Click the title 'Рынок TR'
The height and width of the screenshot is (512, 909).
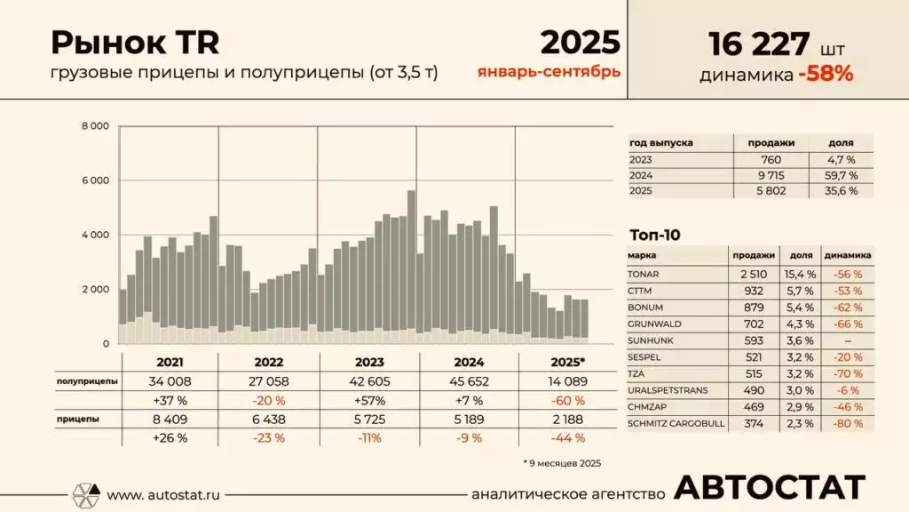coord(135,42)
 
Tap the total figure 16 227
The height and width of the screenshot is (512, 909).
coord(759,43)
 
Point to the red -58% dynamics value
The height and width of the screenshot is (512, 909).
coord(826,75)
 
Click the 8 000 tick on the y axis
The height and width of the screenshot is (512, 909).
coord(95,126)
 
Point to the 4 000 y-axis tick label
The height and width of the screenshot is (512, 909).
coord(95,235)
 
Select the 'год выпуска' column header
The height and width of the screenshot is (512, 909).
coord(660,143)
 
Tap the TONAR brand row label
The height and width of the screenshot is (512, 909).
coord(644,274)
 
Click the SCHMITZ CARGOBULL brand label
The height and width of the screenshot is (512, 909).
coord(676,424)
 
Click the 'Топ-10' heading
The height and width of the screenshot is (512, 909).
coord(654,235)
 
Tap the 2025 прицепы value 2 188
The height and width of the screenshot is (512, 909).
coord(567,418)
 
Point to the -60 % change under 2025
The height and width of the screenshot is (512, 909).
coord(567,400)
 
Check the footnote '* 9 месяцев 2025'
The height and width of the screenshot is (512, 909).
coord(562,462)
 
